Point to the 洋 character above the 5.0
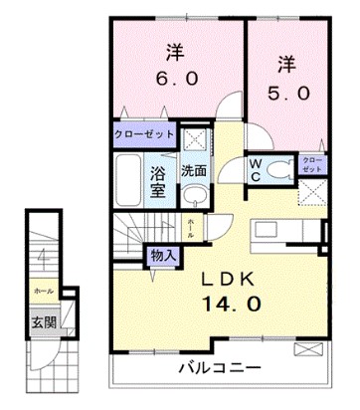tap(285, 63)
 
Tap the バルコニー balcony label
tap(220, 368)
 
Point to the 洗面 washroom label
tap(194, 170)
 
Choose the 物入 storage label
tap(164, 256)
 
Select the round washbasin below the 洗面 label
tap(195, 195)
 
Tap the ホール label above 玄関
tap(43, 291)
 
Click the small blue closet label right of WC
tap(311, 163)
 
